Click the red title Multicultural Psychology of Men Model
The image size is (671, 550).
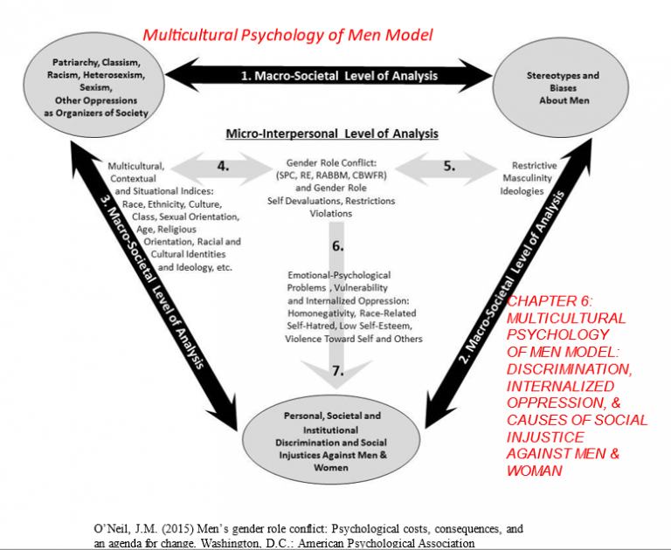coord(287,36)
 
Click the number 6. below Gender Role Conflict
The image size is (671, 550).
coord(337,246)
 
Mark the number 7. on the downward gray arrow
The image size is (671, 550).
coord(336,370)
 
